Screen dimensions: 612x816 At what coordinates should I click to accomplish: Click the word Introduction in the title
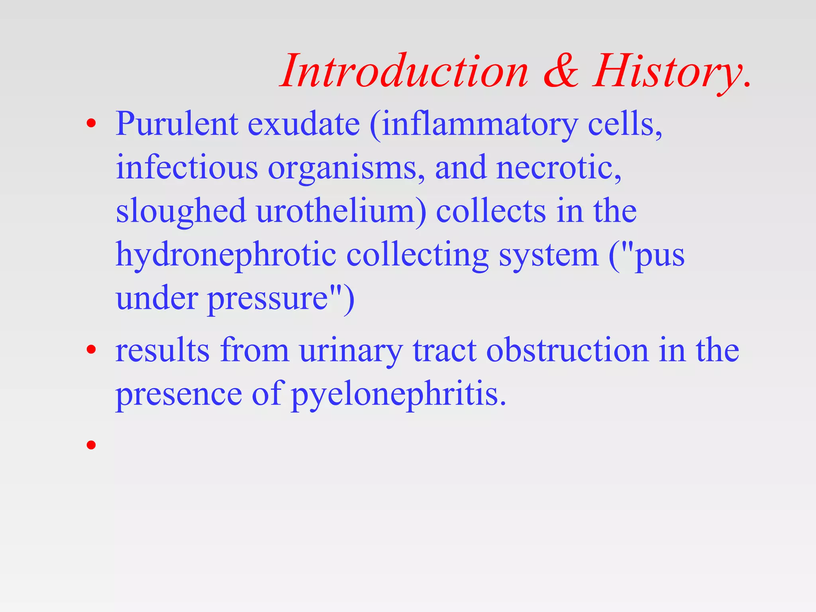(x=404, y=72)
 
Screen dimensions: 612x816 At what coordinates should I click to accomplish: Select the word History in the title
(x=669, y=72)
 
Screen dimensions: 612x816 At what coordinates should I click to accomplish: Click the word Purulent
(x=177, y=124)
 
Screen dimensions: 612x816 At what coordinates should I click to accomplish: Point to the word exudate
(x=304, y=124)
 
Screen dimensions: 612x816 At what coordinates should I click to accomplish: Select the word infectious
(x=187, y=167)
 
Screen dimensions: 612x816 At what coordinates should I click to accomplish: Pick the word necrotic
(x=558, y=167)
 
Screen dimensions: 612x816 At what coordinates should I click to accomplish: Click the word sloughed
(x=180, y=212)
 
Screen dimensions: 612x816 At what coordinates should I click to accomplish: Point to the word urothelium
(x=341, y=211)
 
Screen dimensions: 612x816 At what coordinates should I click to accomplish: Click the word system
(x=548, y=255)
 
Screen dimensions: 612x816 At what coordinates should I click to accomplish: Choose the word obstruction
(x=568, y=350)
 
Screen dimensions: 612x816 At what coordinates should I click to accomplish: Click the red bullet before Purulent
(x=91, y=124)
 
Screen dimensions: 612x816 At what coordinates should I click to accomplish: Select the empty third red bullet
(x=91, y=444)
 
